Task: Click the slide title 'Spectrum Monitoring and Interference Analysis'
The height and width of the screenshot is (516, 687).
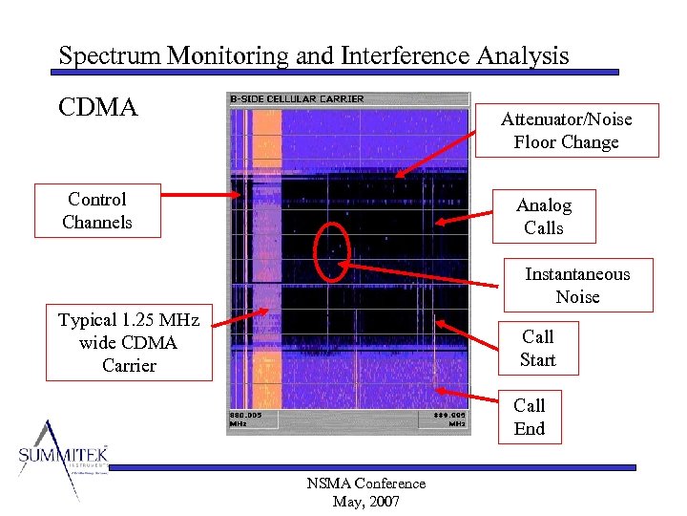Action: pyautogui.click(x=313, y=55)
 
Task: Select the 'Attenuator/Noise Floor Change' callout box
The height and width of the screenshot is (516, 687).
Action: pyautogui.click(x=566, y=130)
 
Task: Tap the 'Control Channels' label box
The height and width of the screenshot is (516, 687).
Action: pyautogui.click(x=96, y=211)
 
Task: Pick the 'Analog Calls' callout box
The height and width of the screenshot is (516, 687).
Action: pyautogui.click(x=543, y=216)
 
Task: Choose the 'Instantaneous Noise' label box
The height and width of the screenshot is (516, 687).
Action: pyautogui.click(x=577, y=285)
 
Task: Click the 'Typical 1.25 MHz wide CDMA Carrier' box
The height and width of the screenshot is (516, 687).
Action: pyautogui.click(x=129, y=342)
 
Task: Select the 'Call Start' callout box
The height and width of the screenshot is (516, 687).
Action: pyautogui.click(x=537, y=348)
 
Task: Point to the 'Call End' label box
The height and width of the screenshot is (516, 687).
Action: pyautogui.click(x=529, y=417)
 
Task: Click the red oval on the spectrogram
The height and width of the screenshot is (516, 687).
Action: pyautogui.click(x=331, y=251)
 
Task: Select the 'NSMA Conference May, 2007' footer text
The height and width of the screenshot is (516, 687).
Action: pyautogui.click(x=365, y=492)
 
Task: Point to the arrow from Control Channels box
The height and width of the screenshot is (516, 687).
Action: pyautogui.click(x=200, y=195)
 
